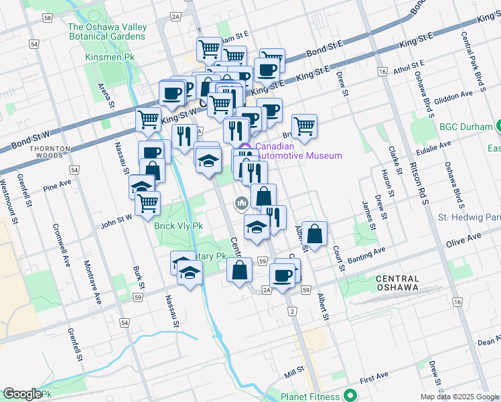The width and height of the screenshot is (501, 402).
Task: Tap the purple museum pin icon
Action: tap(245, 147)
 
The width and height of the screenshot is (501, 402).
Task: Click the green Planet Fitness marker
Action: tap(348, 395)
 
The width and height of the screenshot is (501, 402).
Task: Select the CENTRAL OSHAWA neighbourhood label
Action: tap(397, 283)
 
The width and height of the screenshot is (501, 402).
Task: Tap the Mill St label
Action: tap(293, 369)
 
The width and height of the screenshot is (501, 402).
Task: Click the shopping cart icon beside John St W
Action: tap(147, 203)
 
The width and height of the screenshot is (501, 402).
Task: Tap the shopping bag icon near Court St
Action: tap(314, 234)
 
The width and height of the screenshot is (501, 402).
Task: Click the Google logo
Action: tap(22, 394)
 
